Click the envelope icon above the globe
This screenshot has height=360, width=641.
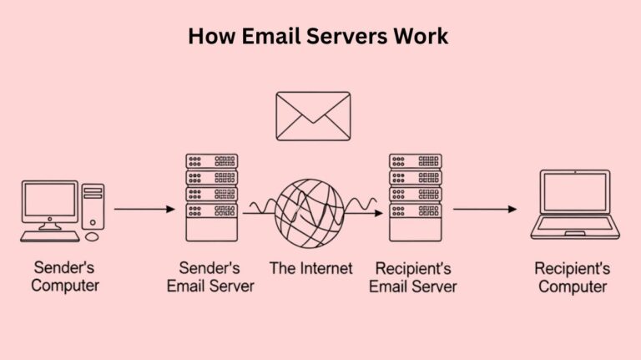click(x=313, y=117)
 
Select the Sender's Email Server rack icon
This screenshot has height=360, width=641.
click(x=211, y=197)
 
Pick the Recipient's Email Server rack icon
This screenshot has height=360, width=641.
click(x=416, y=197)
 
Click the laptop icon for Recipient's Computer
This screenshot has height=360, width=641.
click(x=575, y=205)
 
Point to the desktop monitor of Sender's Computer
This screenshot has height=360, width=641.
click(x=49, y=203)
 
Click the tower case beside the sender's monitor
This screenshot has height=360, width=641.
click(x=93, y=206)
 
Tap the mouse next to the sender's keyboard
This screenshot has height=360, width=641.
click(x=91, y=237)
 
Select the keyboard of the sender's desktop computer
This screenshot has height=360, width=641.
click(x=49, y=236)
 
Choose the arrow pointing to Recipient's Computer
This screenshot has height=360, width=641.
click(x=485, y=209)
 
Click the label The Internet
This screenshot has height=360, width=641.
click(x=310, y=268)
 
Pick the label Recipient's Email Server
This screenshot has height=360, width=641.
click(x=416, y=277)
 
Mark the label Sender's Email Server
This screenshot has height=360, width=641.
click(x=210, y=277)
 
